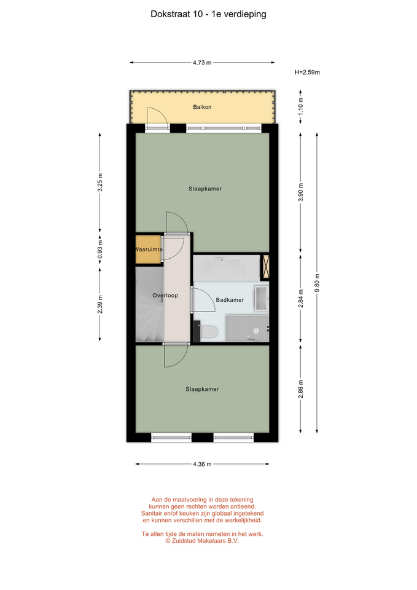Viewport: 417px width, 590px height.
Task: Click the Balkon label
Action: (202, 107)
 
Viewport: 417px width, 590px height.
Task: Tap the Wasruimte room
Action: (149, 250)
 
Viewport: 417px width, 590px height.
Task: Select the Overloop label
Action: (165, 296)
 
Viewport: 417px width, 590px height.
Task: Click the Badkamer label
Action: (230, 300)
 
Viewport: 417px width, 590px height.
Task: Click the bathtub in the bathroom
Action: (227, 268)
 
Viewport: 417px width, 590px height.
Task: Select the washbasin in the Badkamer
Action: (261, 299)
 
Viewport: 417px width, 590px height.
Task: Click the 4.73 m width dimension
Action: (202, 63)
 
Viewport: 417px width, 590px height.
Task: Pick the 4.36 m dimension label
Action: (202, 464)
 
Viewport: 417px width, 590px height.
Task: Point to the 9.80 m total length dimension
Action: (317, 283)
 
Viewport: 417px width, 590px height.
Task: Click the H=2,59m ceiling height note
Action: (307, 73)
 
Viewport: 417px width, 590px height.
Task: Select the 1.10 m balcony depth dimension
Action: (300, 106)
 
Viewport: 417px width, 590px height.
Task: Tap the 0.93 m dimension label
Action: (100, 250)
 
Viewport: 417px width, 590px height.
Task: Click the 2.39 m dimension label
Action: (100, 304)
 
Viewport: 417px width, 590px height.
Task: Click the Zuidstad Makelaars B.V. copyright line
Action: (202, 541)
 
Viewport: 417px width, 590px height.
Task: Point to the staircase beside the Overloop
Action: (150, 304)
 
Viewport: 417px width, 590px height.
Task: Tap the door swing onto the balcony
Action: (157, 118)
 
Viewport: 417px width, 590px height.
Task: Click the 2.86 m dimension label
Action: (300, 389)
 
